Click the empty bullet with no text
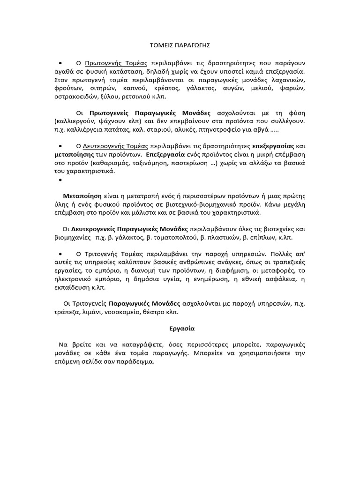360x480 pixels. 60,180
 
